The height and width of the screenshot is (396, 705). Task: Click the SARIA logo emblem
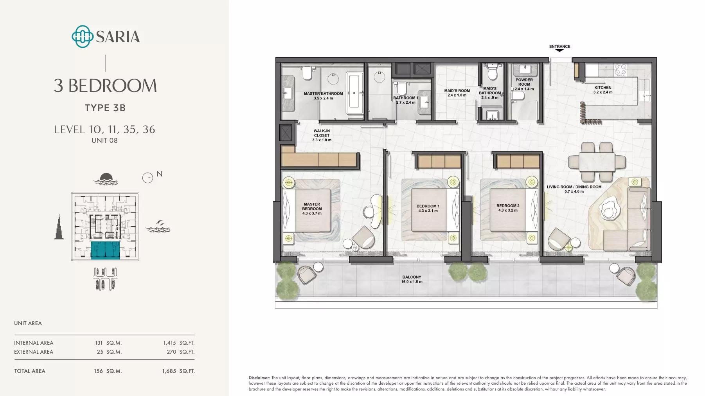pyautogui.click(x=82, y=37)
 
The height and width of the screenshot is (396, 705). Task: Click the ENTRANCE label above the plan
pyautogui.click(x=559, y=47)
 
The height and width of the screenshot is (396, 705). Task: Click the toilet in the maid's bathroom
pyautogui.click(x=492, y=72)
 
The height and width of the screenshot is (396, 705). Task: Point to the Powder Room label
pyautogui.click(x=524, y=82)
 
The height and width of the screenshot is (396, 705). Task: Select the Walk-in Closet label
pyautogui.click(x=322, y=135)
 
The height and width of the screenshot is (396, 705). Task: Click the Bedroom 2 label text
pyautogui.click(x=508, y=206)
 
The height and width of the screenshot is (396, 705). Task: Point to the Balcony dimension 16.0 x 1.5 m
pyautogui.click(x=412, y=282)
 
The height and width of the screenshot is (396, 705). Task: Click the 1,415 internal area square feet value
pyautogui.click(x=169, y=343)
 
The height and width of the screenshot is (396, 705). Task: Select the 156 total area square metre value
pyautogui.click(x=98, y=371)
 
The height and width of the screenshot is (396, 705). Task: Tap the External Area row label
pyautogui.click(x=34, y=352)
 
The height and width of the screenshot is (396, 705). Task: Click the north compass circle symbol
pyautogui.click(x=147, y=178)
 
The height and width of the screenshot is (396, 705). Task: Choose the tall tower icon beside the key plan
pyautogui.click(x=59, y=227)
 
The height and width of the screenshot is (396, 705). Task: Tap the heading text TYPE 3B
pyautogui.click(x=105, y=108)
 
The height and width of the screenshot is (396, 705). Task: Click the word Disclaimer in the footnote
pyautogui.click(x=259, y=378)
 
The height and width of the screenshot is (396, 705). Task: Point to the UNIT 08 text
pyautogui.click(x=104, y=140)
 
